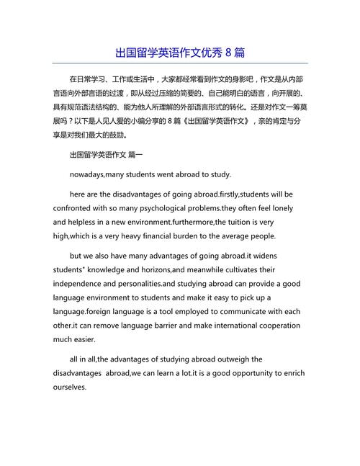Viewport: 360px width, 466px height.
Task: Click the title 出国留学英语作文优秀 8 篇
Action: tap(180, 53)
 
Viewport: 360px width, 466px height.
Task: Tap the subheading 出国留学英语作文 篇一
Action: tap(106, 154)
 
